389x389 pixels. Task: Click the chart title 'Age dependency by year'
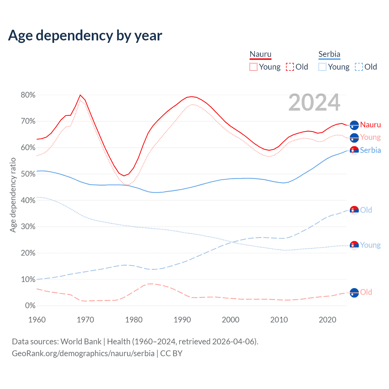[85, 36]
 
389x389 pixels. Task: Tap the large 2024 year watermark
[314, 102]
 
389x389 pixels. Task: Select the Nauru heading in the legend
[260, 54]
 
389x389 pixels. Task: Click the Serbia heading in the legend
[329, 54]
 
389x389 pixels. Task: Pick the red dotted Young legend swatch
[253, 67]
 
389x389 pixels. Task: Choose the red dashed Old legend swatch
[290, 67]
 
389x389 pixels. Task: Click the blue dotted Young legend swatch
[322, 67]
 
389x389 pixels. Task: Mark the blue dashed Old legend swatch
[359, 67]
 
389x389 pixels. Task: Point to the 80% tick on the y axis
[28, 95]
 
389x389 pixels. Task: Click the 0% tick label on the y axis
[30, 306]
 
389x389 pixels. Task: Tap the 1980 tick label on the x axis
[134, 320]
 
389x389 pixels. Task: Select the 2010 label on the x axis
[279, 320]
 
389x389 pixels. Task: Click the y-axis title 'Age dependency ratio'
[13, 195]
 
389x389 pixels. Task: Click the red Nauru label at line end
[370, 125]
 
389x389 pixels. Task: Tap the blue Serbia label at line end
[370, 150]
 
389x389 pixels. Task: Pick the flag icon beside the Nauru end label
[354, 125]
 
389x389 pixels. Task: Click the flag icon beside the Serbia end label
[354, 150]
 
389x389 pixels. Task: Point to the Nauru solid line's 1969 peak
[80, 95]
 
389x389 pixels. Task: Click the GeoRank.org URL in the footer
[83, 353]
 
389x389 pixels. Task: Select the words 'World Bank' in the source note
[81, 342]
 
